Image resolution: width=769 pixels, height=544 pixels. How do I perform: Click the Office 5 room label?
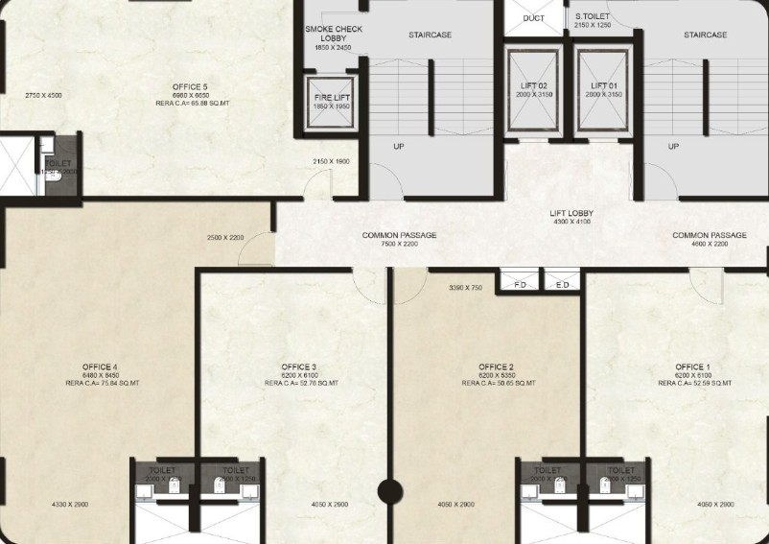190,87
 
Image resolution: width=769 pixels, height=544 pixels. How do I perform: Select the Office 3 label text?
299,367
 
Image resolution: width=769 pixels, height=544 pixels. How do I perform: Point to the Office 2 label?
497,367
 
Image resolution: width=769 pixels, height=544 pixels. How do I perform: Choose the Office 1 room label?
692,367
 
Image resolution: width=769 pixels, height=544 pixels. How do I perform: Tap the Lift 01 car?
604,90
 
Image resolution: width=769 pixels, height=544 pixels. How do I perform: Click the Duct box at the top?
534,18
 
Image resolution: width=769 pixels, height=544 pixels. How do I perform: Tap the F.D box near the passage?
519,285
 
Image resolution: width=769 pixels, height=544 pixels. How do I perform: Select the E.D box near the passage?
563,285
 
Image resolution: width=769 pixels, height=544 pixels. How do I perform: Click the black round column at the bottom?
389,493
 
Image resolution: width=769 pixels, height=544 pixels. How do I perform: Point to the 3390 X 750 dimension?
466,288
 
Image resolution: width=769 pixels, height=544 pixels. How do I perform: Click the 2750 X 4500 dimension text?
43,95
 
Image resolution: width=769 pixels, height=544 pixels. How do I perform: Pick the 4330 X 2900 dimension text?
70,504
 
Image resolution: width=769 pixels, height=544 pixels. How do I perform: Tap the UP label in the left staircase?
398,147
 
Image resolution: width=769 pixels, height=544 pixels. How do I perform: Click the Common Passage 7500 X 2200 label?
400,240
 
